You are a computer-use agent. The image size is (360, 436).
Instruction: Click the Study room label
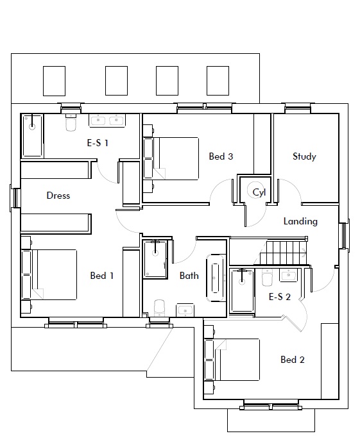(x=304, y=156)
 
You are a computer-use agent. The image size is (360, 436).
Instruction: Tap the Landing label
(x=300, y=221)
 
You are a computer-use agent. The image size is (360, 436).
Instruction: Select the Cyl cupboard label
(x=259, y=192)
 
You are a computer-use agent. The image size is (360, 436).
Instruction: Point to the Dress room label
(x=58, y=196)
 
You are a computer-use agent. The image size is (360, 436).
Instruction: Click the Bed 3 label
(x=221, y=156)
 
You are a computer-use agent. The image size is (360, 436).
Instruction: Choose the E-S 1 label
(x=98, y=143)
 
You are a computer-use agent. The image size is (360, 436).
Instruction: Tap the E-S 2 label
(x=280, y=297)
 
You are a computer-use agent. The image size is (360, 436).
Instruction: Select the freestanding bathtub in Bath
(x=215, y=278)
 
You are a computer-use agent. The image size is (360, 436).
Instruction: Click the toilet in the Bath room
(x=159, y=308)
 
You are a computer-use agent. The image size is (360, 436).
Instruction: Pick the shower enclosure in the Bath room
(x=155, y=259)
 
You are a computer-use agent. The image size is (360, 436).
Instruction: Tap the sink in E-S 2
(x=289, y=275)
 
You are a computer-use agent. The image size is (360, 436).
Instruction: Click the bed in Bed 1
(x=49, y=274)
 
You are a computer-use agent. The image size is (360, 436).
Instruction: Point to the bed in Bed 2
(x=232, y=360)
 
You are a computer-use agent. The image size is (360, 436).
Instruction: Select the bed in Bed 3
(x=171, y=158)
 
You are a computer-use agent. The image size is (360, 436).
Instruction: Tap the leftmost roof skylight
(x=55, y=81)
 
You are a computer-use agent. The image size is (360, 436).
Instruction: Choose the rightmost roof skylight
(x=218, y=81)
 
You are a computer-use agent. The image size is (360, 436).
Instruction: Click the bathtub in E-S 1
(x=33, y=136)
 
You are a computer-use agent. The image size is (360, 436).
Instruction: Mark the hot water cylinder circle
(x=254, y=189)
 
